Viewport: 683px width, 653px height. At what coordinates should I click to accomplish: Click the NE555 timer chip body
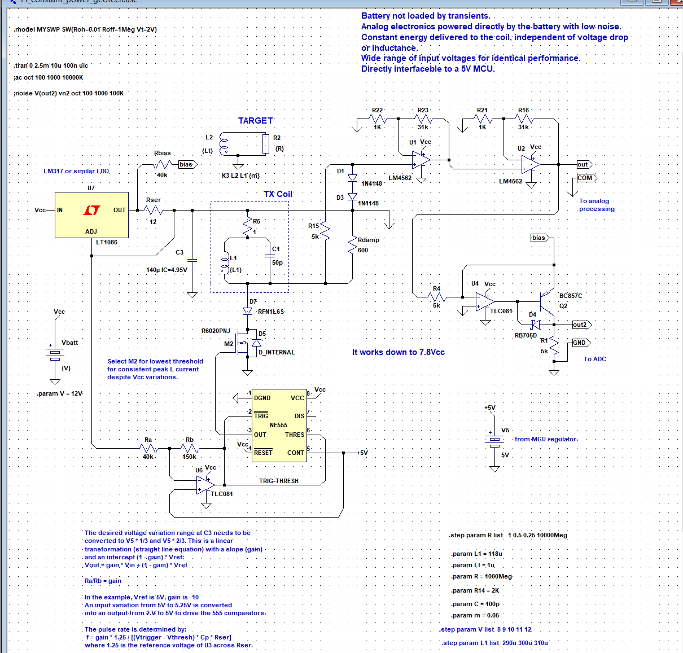click(x=279, y=426)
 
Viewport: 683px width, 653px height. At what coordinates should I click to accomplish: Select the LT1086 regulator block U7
click(x=91, y=214)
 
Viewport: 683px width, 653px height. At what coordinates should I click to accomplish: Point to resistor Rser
click(x=154, y=211)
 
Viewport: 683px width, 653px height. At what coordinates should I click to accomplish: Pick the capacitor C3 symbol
click(x=192, y=260)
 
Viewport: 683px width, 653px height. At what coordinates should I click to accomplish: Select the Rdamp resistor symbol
click(x=353, y=246)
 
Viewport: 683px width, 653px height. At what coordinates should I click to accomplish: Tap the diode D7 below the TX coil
click(x=247, y=312)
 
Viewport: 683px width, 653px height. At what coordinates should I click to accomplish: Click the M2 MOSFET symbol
click(x=244, y=344)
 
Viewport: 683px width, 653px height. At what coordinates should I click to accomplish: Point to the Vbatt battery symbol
click(x=55, y=354)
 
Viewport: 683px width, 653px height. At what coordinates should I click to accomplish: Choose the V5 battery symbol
click(x=494, y=440)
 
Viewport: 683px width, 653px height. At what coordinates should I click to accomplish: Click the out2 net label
click(x=580, y=325)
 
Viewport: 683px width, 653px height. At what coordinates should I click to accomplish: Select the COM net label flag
click(x=585, y=178)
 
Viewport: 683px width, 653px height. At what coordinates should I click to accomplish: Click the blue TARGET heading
click(x=255, y=121)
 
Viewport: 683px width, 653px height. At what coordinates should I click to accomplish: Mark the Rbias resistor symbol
click(x=163, y=164)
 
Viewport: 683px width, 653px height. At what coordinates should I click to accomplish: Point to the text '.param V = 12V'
click(x=60, y=393)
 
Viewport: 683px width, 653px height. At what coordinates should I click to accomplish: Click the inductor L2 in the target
click(x=224, y=144)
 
